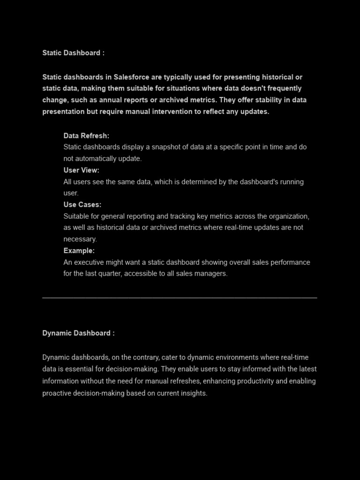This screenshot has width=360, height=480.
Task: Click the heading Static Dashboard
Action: pyautogui.click(x=73, y=53)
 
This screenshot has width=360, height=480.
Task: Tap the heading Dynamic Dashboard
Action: pyautogui.click(x=78, y=333)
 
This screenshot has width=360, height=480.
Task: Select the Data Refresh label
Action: pyautogui.click(x=86, y=136)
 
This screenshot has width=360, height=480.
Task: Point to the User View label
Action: pyautogui.click(x=81, y=170)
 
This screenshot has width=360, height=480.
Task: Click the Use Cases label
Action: pyautogui.click(x=82, y=205)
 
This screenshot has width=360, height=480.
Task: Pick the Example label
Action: pyautogui.click(x=79, y=251)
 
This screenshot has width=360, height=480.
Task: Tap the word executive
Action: pyautogui.click(x=89, y=262)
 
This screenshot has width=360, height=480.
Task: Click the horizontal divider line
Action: pyautogui.click(x=180, y=298)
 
